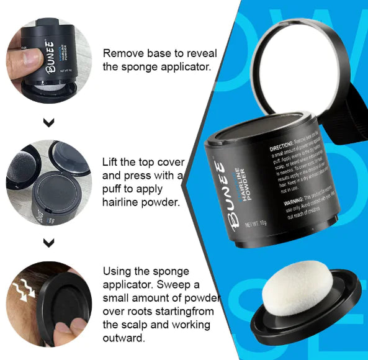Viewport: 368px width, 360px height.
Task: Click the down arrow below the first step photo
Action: (x=49, y=122)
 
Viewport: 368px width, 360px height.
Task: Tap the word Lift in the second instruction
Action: (x=112, y=162)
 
